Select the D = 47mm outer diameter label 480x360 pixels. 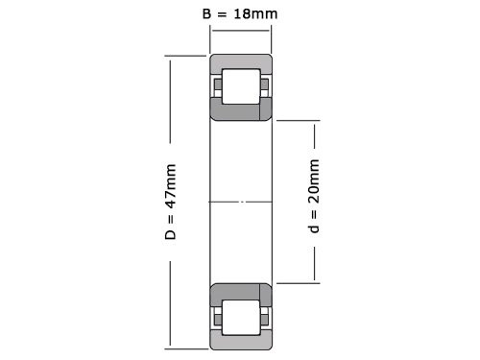click(171, 202)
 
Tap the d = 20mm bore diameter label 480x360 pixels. click(314, 202)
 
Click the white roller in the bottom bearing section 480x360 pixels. click(240, 314)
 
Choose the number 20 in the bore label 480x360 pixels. click(314, 189)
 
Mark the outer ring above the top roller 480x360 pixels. click(240, 62)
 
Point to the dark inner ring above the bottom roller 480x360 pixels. click(240, 290)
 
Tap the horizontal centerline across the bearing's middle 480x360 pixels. click(240, 202)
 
